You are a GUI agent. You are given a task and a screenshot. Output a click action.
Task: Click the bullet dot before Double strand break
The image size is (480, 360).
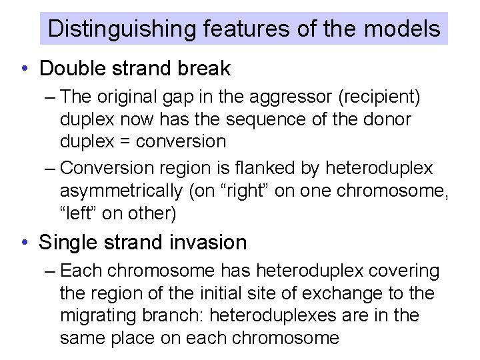pos(25,69)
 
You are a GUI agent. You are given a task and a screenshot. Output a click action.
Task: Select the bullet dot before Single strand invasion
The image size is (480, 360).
pos(25,243)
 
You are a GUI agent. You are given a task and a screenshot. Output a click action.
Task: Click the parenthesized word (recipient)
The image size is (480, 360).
pos(380,97)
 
